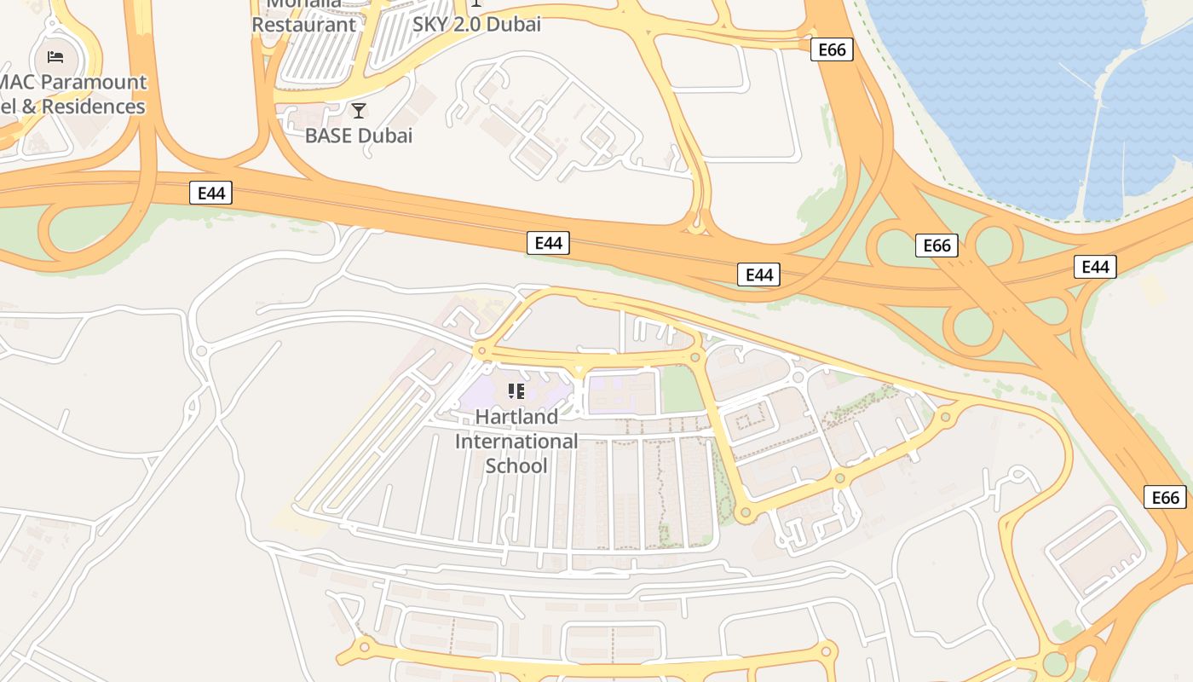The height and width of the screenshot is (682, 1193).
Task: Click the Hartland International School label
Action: [x=516, y=442]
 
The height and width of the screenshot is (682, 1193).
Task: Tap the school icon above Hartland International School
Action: [x=516, y=391]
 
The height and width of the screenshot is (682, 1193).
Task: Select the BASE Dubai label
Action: [x=359, y=136]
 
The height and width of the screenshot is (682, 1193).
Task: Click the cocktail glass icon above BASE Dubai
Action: [x=359, y=111]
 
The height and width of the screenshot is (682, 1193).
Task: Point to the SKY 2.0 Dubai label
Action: [x=476, y=25]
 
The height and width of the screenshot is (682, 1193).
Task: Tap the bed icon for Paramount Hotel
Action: [x=55, y=57]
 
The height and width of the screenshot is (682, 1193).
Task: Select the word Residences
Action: [x=94, y=107]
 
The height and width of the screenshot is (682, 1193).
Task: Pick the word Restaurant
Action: [x=303, y=25]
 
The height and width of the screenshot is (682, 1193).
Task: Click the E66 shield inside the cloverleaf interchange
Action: [x=937, y=246]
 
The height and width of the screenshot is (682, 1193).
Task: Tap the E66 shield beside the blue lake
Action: [x=832, y=49]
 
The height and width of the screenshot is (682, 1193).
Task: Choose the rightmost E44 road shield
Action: [x=1095, y=267]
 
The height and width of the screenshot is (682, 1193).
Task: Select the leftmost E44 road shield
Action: [x=210, y=194]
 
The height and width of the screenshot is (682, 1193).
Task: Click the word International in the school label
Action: [x=516, y=442]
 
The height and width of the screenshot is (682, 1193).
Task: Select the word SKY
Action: [x=433, y=25]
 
